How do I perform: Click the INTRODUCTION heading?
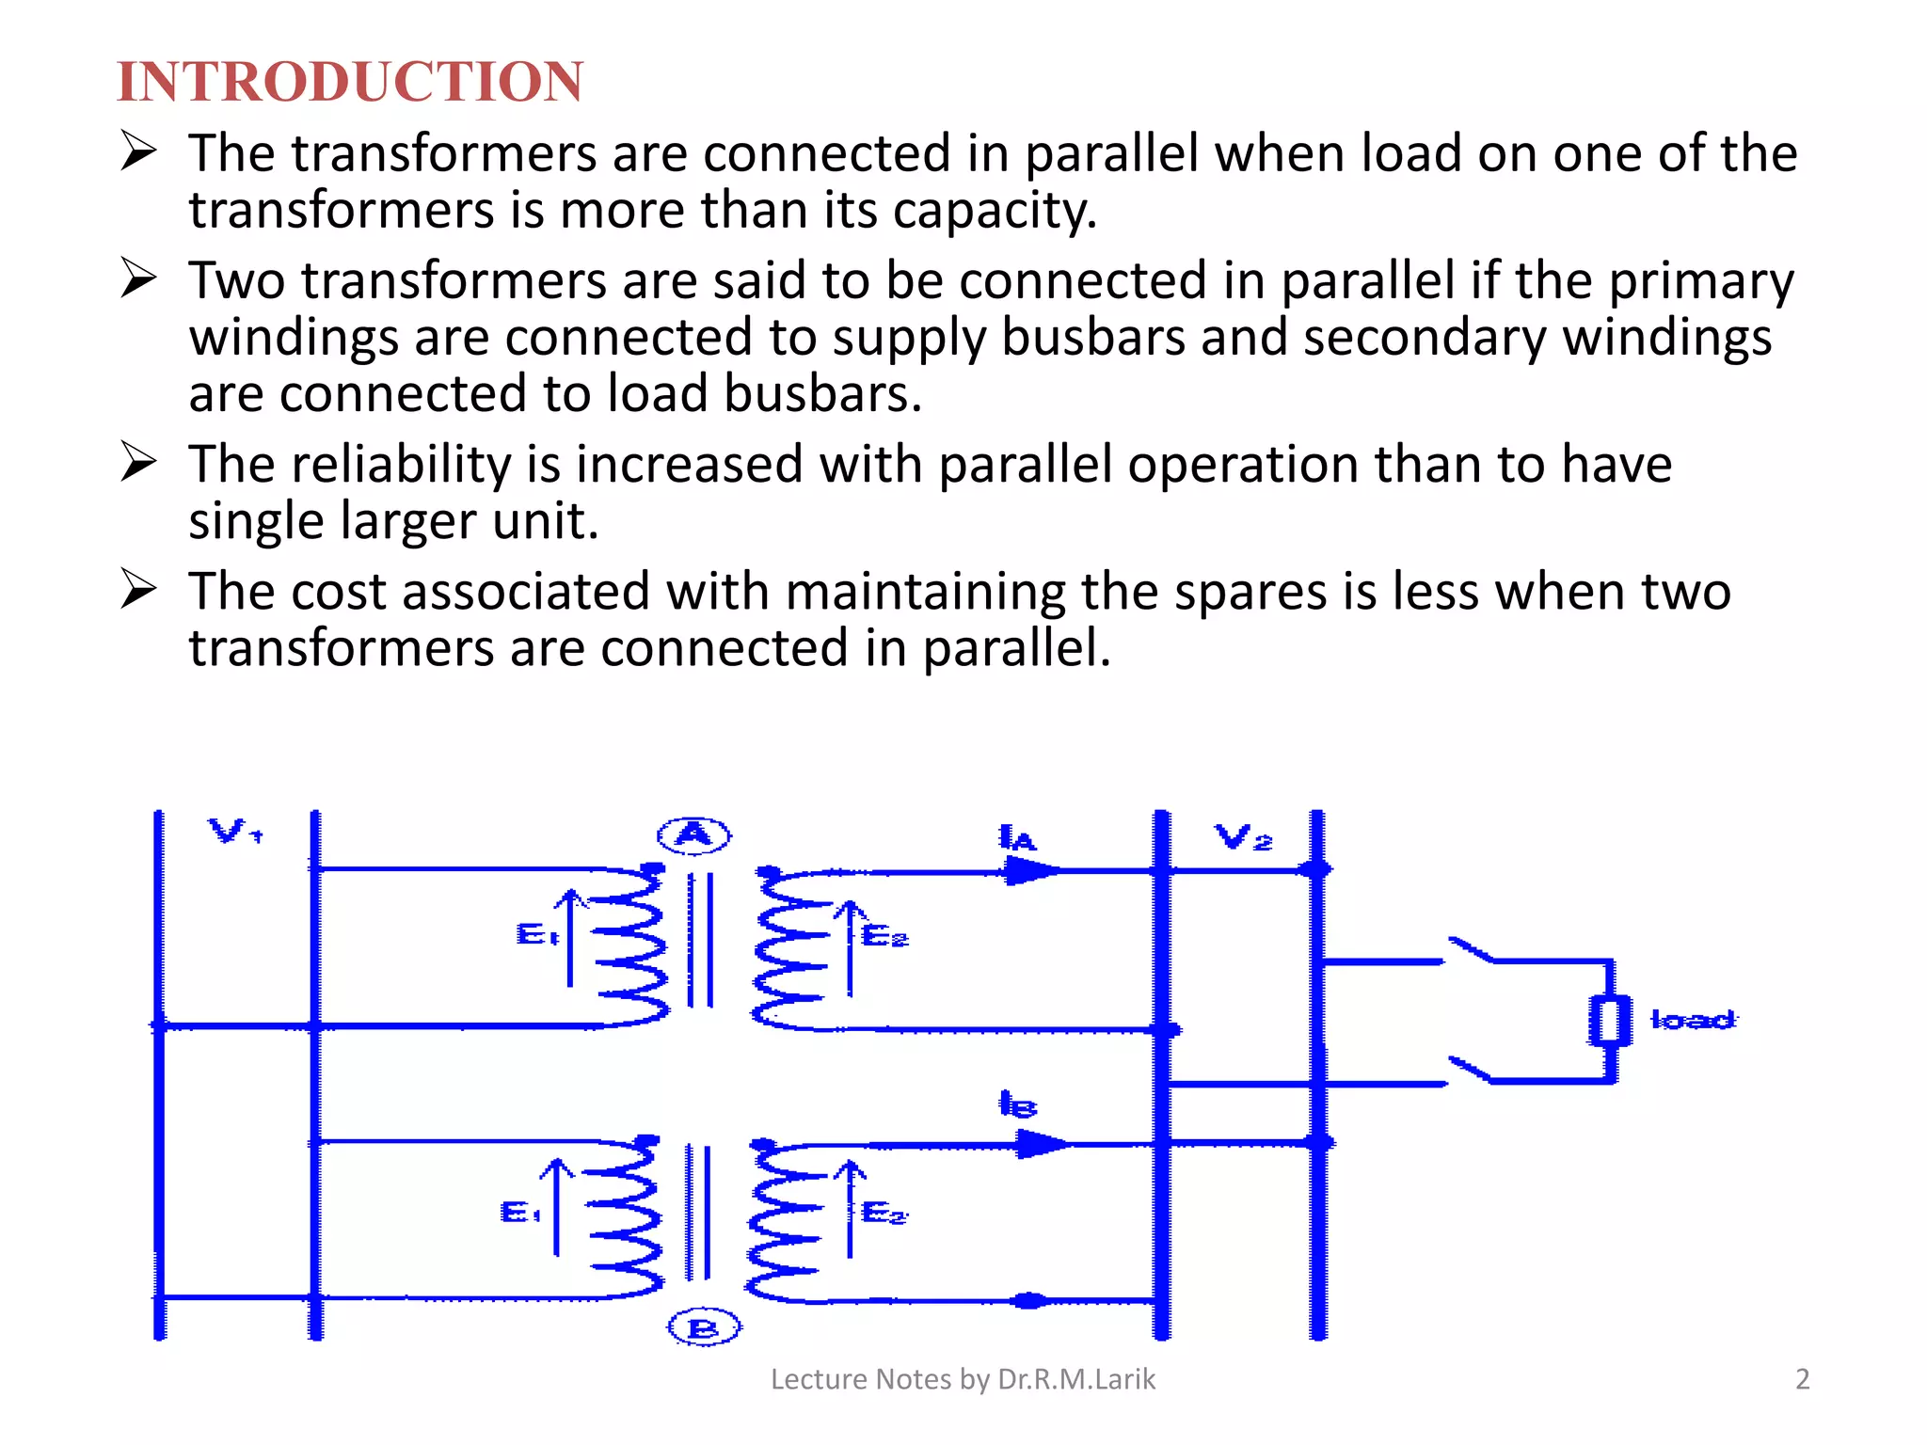coord(350,82)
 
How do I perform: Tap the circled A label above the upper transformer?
coord(694,834)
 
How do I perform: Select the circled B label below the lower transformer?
coord(704,1328)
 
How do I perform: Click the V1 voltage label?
coord(234,832)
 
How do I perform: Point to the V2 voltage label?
coord(1243,836)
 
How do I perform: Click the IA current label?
coord(1016,837)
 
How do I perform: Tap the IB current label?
coord(1017,1104)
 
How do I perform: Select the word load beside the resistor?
coord(1693,1020)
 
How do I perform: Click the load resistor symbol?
coord(1610,1021)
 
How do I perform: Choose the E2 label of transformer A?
coord(885,936)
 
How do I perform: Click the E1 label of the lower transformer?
coord(520,1212)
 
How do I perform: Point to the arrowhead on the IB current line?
coord(1043,1144)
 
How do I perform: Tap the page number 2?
coord(1802,1379)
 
